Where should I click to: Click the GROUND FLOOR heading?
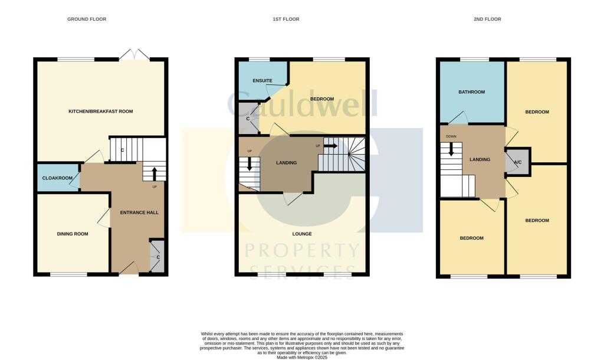coord(86,19)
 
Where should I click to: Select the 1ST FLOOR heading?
coord(285,19)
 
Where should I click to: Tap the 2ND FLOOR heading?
coord(487,19)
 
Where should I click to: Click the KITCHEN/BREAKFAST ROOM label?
coord(100,112)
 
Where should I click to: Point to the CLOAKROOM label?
coord(57,177)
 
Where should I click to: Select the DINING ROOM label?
coord(73,234)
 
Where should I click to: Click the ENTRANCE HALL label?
coord(139,212)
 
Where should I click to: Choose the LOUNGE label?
coord(301,234)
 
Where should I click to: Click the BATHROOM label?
coord(471,92)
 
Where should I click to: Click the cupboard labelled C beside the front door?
coord(157,257)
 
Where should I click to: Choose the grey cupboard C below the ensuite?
coord(248,119)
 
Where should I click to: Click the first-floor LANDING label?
coord(286,163)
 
